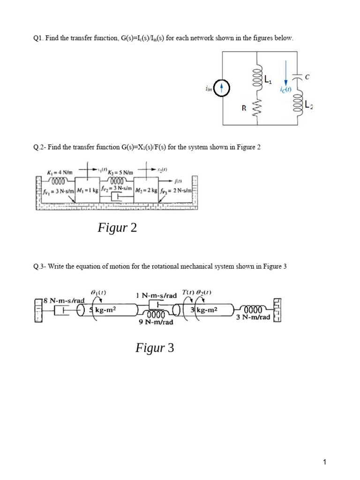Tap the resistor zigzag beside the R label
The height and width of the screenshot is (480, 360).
tap(256, 109)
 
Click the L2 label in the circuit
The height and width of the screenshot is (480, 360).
tap(308, 106)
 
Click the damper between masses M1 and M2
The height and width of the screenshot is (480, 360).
tap(117, 199)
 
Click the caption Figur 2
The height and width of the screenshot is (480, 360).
tap(117, 228)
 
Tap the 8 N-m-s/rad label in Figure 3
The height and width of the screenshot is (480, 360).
tap(64, 300)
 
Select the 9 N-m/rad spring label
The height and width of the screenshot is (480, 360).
tap(157, 322)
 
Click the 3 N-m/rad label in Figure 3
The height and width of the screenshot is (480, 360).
tap(253, 317)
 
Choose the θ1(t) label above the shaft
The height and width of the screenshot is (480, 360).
tap(98, 292)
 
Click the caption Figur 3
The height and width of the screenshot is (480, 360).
tap(155, 348)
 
